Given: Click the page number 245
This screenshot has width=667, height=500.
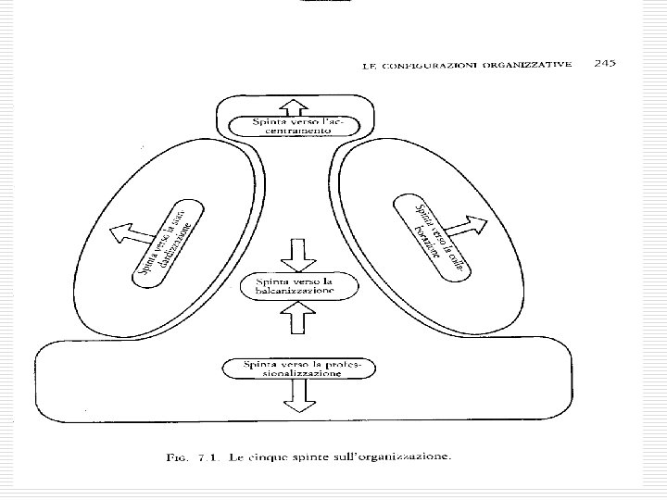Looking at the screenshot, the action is (606, 64).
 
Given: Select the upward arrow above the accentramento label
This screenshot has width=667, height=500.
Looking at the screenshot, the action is (296, 106).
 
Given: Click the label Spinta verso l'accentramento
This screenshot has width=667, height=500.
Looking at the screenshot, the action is (296, 125).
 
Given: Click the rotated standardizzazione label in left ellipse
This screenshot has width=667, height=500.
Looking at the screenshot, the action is (168, 238).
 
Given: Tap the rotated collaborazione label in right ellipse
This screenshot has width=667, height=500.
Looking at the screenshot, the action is (428, 231).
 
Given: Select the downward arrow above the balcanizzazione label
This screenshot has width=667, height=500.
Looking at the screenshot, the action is (296, 253).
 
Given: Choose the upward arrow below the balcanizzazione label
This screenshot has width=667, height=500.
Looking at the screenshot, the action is (296, 319).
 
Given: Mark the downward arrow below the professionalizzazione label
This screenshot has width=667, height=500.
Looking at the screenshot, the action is (296, 399).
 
